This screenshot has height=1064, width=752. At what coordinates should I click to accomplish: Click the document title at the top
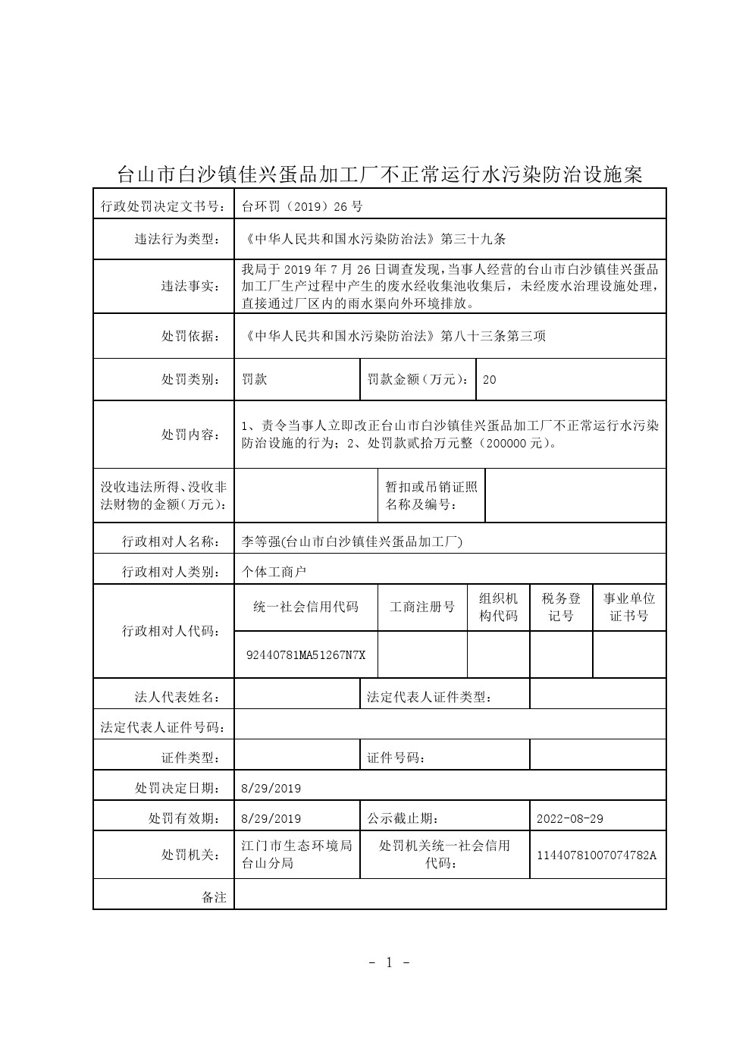(x=379, y=175)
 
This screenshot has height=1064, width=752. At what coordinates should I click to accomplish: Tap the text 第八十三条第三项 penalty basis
(x=493, y=336)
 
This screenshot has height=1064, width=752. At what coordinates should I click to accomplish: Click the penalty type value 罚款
(x=255, y=379)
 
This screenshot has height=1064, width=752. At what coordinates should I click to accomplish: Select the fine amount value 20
(x=489, y=380)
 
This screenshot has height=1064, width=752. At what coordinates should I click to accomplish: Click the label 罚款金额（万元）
(x=418, y=379)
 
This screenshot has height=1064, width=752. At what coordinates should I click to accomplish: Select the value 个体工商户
(x=274, y=572)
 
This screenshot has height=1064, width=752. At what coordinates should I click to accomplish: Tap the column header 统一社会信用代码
(x=305, y=607)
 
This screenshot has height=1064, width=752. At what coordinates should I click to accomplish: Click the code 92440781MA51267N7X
(x=305, y=654)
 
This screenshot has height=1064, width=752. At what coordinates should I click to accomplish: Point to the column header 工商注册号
(x=422, y=607)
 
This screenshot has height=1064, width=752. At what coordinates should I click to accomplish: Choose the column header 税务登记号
(x=561, y=607)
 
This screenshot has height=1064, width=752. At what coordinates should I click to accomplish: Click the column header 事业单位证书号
(x=629, y=607)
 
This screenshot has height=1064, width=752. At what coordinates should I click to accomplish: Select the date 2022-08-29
(x=569, y=819)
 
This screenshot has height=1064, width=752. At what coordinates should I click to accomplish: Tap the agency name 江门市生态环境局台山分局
(x=296, y=855)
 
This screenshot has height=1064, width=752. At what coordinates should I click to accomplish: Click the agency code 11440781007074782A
(x=597, y=855)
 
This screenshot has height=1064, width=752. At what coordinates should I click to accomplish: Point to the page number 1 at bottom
(x=390, y=962)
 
